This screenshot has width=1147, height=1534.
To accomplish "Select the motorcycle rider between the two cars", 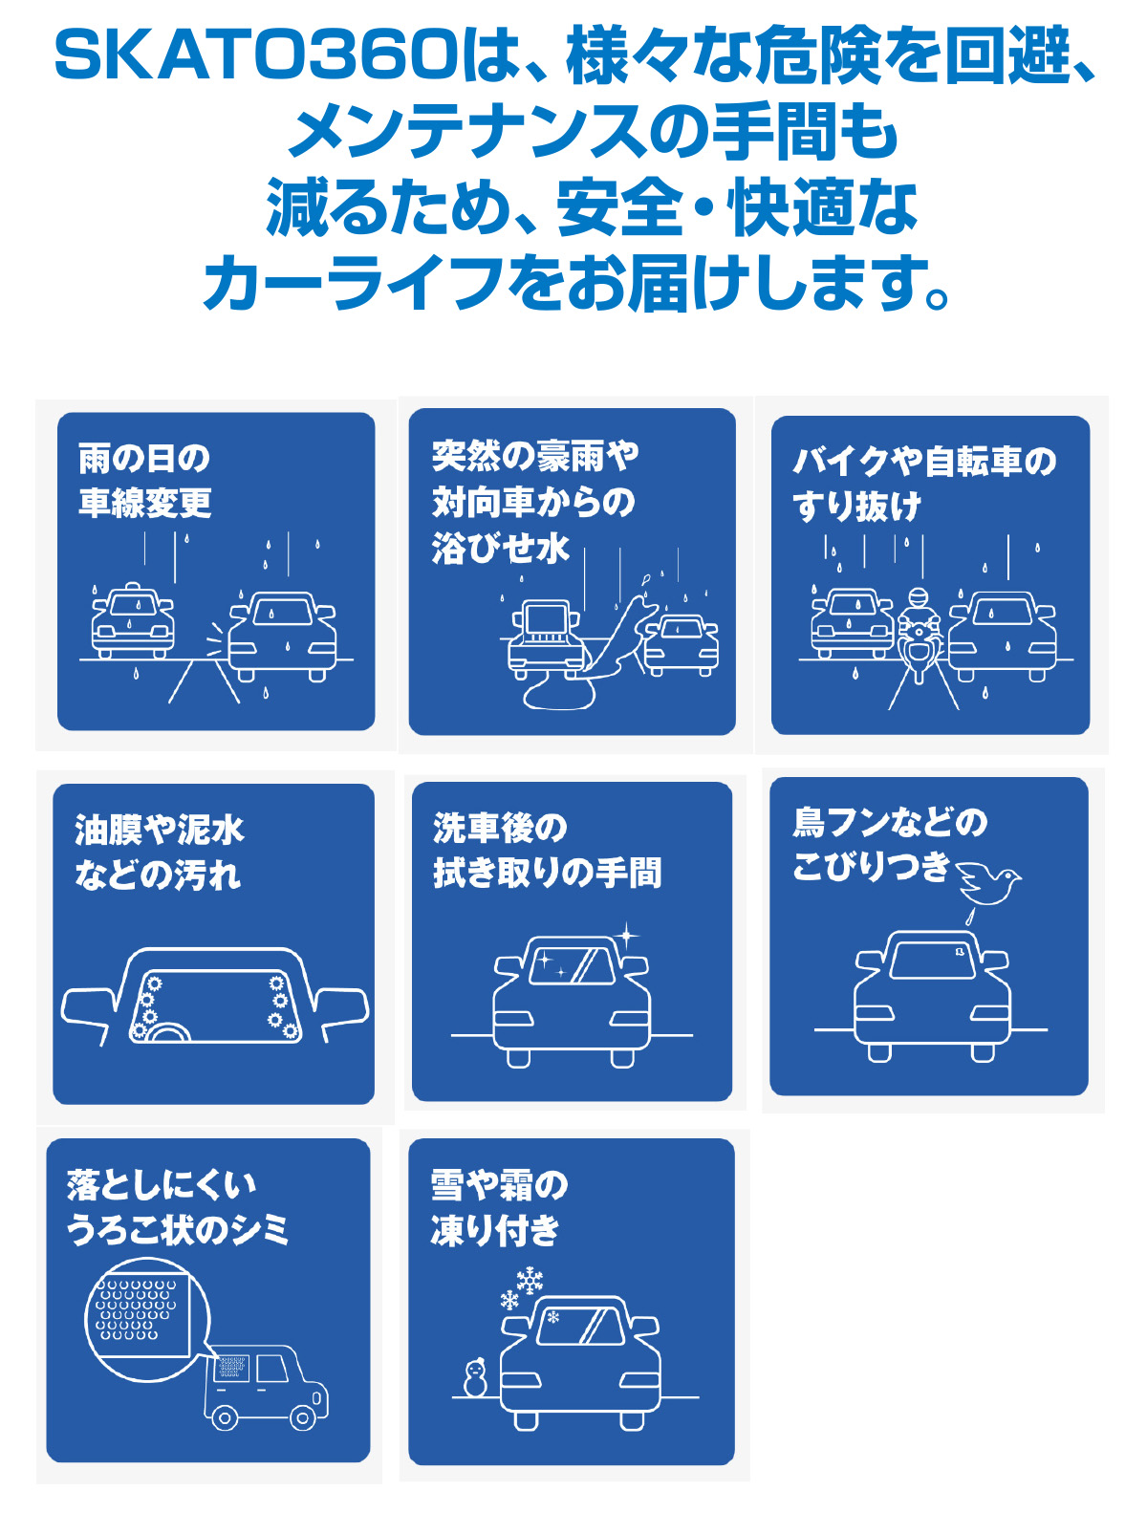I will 919,632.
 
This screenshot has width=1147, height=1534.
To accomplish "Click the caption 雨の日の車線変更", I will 145,481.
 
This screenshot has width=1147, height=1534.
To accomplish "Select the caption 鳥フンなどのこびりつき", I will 889,844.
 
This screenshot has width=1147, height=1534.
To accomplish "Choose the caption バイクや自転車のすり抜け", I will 923,484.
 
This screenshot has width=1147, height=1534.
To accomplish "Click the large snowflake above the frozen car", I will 529,1280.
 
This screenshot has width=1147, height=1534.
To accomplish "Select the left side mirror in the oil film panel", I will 89,1008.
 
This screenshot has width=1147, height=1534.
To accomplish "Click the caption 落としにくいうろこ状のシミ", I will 178,1207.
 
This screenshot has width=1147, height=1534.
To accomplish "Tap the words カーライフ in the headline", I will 354,284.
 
